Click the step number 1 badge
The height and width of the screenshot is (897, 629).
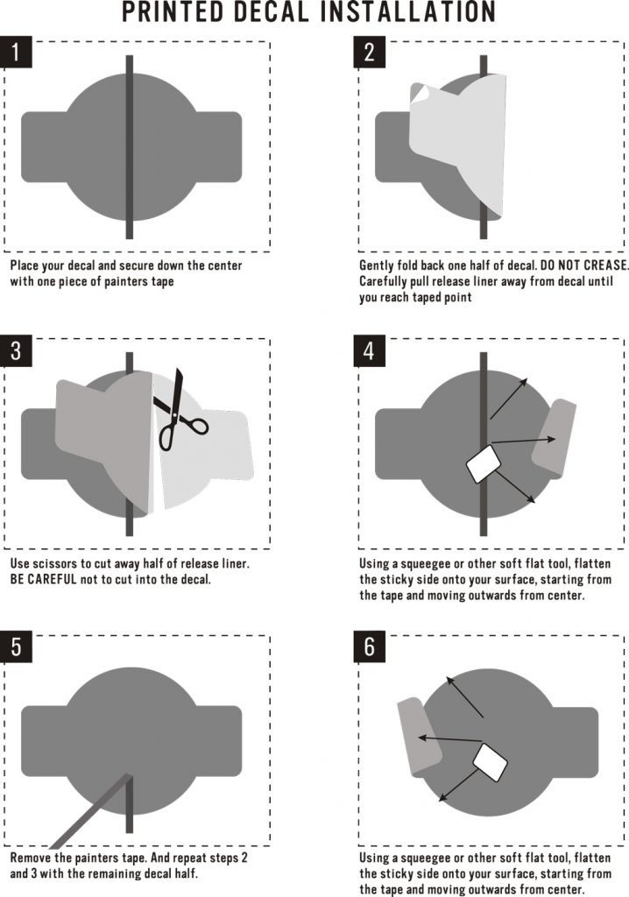(x=16, y=53)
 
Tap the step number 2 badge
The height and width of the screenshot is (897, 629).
(x=369, y=53)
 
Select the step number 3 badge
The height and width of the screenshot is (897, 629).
(x=16, y=350)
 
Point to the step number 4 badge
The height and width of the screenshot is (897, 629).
(x=369, y=350)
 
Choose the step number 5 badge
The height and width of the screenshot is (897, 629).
(x=16, y=647)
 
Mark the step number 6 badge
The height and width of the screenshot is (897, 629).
(x=369, y=647)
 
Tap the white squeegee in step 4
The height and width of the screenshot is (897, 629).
(x=484, y=464)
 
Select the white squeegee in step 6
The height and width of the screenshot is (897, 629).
(x=491, y=762)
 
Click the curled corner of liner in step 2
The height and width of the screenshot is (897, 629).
(x=420, y=94)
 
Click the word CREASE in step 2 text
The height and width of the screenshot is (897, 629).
(x=605, y=265)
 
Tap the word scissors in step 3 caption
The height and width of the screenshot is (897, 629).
(x=59, y=563)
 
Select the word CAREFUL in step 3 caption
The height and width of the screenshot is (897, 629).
(x=52, y=580)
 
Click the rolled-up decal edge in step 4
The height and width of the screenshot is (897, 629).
(x=554, y=438)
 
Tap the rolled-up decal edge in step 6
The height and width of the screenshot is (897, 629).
(x=419, y=738)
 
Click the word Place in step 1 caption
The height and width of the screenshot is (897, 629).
(x=24, y=265)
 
